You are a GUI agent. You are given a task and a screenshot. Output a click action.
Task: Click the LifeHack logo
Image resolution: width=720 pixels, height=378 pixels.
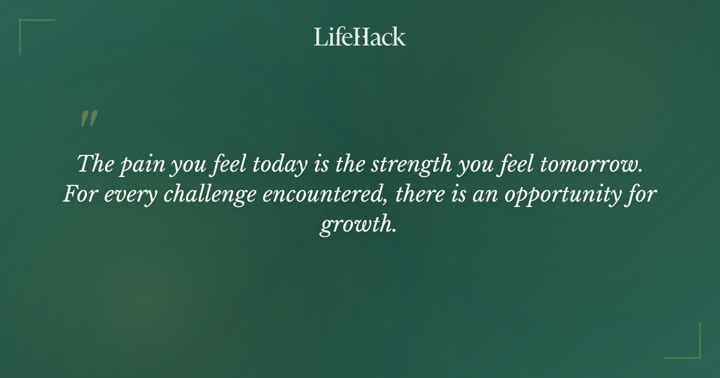click(360, 37)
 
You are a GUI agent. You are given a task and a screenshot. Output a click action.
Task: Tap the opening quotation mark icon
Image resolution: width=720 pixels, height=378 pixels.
click(88, 119)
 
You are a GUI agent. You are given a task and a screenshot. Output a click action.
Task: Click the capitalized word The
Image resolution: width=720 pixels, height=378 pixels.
click(95, 164)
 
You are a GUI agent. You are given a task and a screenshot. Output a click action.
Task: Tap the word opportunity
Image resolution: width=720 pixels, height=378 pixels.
click(559, 196)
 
